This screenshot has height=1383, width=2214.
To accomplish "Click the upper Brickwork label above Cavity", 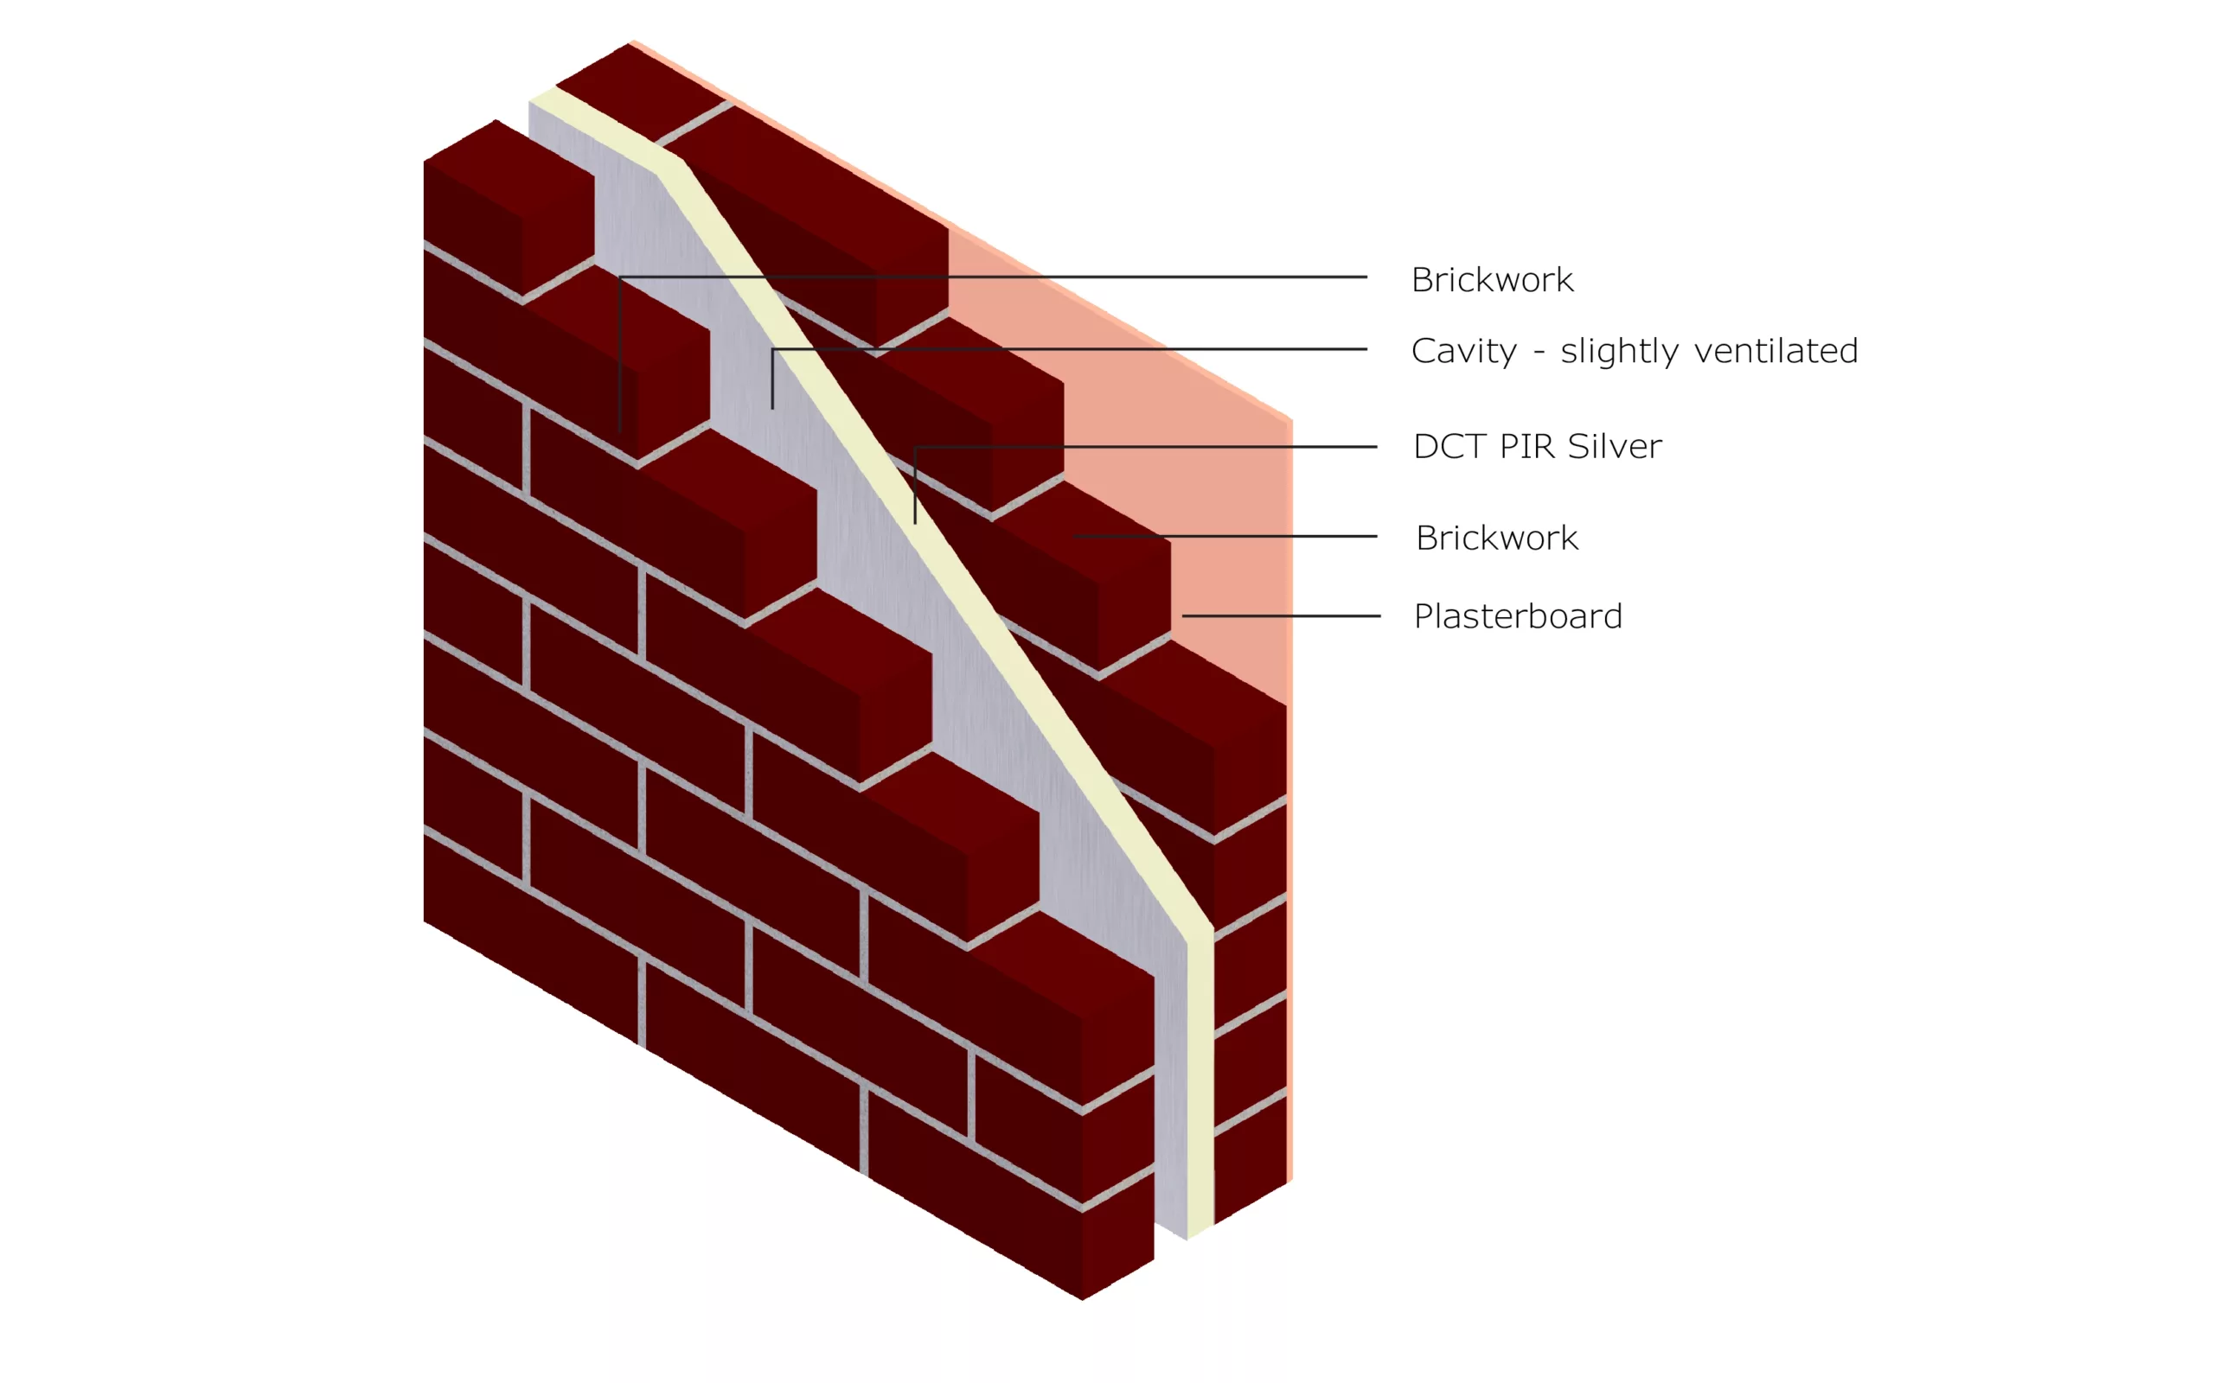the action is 1492,280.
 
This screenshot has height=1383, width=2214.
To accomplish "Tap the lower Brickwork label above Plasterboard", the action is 1497,538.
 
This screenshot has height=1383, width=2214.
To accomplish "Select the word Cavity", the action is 1464,351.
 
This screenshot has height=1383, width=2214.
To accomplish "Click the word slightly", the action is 1619,351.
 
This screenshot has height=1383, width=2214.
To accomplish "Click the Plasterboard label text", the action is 1518,616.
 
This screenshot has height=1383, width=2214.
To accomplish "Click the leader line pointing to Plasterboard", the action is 1281,616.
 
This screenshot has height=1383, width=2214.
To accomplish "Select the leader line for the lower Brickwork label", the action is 1226,537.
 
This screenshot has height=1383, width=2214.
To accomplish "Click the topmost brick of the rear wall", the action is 640,92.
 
